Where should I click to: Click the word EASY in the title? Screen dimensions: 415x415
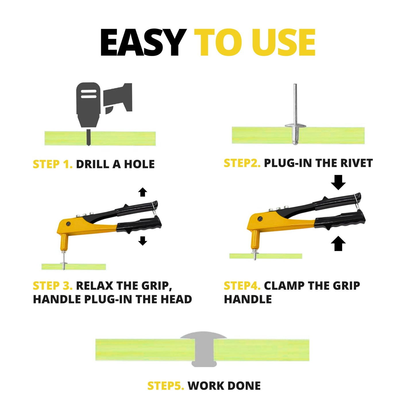(x=143, y=43)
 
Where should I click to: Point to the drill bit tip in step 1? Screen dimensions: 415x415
(x=88, y=145)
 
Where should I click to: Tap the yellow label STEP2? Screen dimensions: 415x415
(x=242, y=163)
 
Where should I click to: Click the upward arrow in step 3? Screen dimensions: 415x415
(x=142, y=192)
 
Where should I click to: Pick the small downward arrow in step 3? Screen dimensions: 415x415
(x=142, y=241)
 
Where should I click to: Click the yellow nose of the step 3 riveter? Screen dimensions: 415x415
(x=64, y=242)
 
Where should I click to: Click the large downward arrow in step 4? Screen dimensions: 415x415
(x=338, y=182)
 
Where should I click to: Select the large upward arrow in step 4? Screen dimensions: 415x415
(x=338, y=243)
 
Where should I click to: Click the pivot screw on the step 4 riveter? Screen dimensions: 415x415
(x=260, y=219)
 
